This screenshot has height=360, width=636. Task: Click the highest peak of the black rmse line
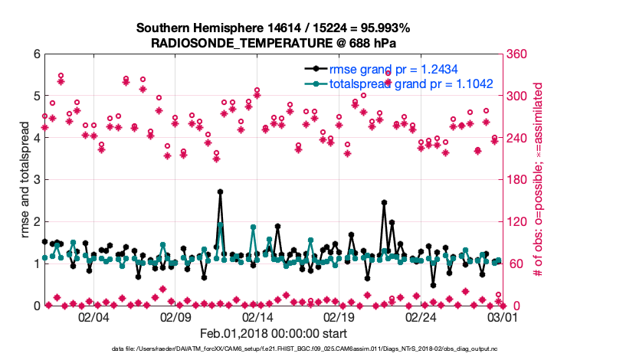pos(220,191)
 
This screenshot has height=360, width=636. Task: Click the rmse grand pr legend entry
pos(405,70)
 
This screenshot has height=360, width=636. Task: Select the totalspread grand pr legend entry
pos(410,84)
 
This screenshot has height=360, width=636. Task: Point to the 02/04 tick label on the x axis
pos(93,317)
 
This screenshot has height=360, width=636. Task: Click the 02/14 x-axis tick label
pos(257,317)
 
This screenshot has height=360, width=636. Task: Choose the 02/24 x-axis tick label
pos(421,317)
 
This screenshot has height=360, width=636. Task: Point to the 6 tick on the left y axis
pos(35,54)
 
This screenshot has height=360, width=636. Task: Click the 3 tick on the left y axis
pos(35,180)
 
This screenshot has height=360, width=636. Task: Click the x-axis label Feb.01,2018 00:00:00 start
pos(274,333)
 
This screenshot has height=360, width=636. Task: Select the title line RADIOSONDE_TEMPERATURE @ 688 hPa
pos(274,44)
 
